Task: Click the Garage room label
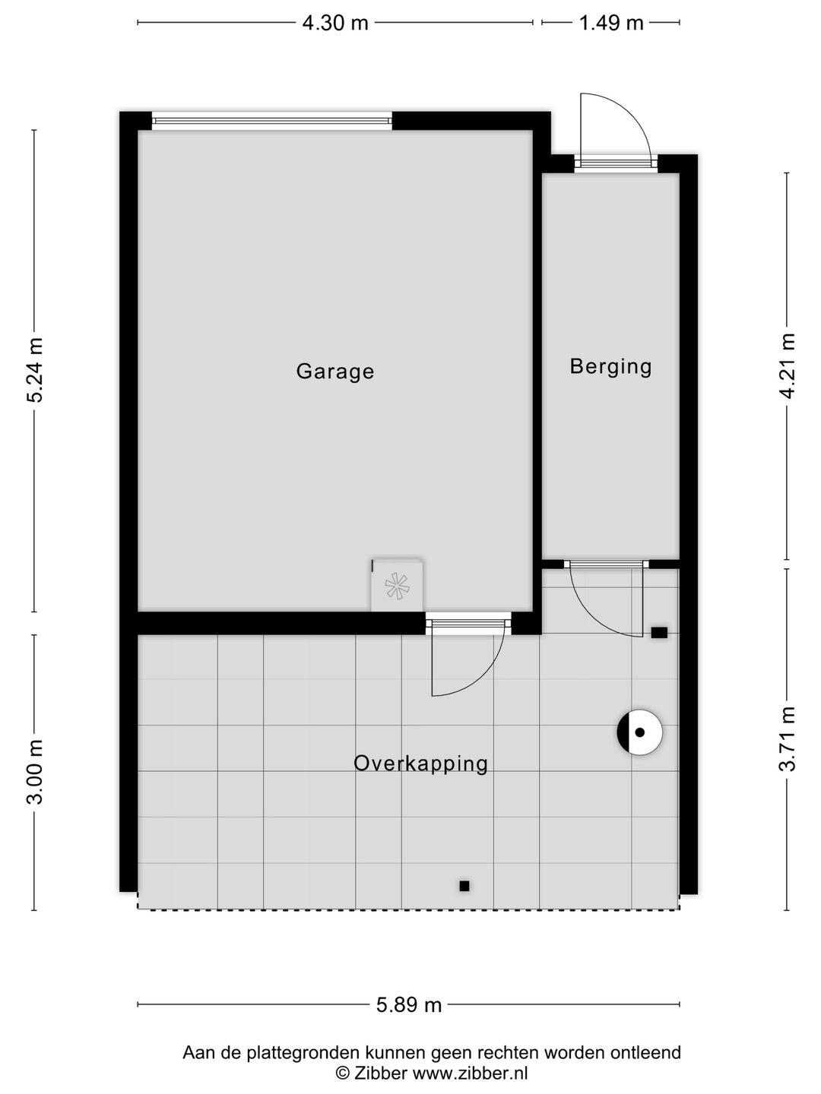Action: pyautogui.click(x=335, y=372)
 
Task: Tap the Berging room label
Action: pyautogui.click(x=610, y=367)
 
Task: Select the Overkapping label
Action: pyautogui.click(x=420, y=763)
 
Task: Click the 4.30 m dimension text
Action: pyautogui.click(x=335, y=23)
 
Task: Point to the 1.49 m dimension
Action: pyautogui.click(x=611, y=23)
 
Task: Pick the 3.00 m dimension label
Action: pyautogui.click(x=35, y=771)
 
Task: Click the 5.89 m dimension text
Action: pyautogui.click(x=409, y=1005)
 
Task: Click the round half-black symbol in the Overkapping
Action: pyautogui.click(x=639, y=732)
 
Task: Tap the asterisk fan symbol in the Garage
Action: pyautogui.click(x=396, y=586)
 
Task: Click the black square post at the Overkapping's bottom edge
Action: pyautogui.click(x=464, y=886)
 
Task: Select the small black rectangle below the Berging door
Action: pyautogui.click(x=659, y=632)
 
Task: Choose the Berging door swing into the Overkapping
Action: pyautogui.click(x=601, y=608)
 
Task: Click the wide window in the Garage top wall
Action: pyautogui.click(x=271, y=120)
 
